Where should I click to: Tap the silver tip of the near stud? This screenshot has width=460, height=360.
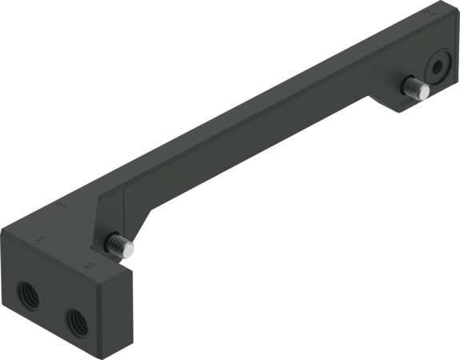[128, 249]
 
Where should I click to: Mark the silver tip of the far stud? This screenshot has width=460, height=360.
[425, 92]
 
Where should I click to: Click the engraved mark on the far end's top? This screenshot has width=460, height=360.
[431, 14]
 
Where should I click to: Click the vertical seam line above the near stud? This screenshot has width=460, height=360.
[126, 212]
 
